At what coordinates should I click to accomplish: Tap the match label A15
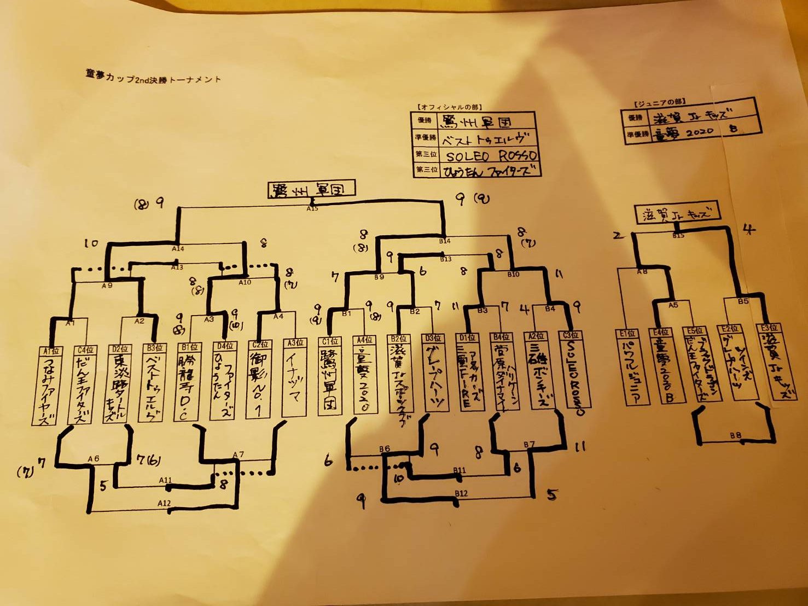pyautogui.click(x=312, y=208)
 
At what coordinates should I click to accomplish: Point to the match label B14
pyautogui.click(x=445, y=241)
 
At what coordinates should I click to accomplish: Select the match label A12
pyautogui.click(x=164, y=503)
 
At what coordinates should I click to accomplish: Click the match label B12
pyautogui.click(x=461, y=493)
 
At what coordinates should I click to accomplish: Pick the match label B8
pyautogui.click(x=736, y=435)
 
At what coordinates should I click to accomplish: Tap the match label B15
pyautogui.click(x=678, y=235)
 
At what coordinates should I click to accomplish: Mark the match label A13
pyautogui.click(x=177, y=267)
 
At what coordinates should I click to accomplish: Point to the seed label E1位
pyautogui.click(x=627, y=333)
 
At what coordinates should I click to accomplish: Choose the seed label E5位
pyautogui.click(x=695, y=330)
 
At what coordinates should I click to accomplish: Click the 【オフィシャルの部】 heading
pyautogui.click(x=449, y=107)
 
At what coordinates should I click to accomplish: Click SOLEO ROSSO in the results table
pyautogui.click(x=491, y=155)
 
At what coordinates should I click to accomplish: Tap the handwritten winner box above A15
pyautogui.click(x=311, y=190)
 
